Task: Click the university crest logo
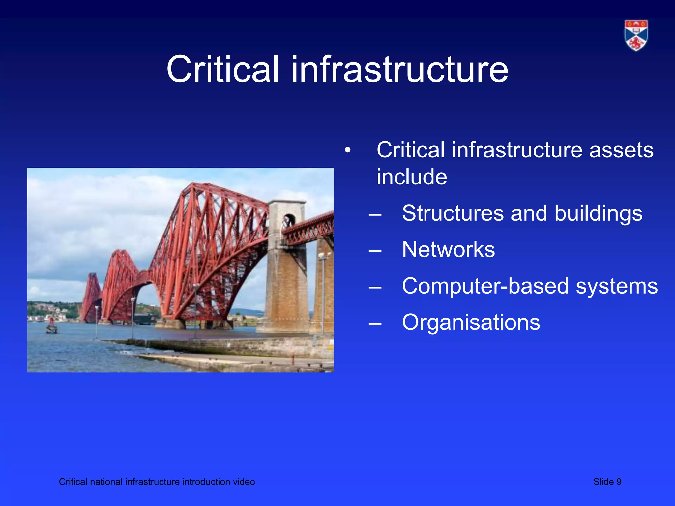pyautogui.click(x=636, y=35)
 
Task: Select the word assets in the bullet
pyautogui.click(x=621, y=150)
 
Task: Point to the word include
pyautogui.click(x=412, y=177)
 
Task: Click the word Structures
pyautogui.click(x=453, y=213)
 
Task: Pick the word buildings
pyautogui.click(x=598, y=214)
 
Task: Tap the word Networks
pyautogui.click(x=448, y=249)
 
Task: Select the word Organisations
pyautogui.click(x=471, y=322)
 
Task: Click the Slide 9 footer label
pyautogui.click(x=607, y=482)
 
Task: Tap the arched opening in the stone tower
pyautogui.click(x=289, y=220)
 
